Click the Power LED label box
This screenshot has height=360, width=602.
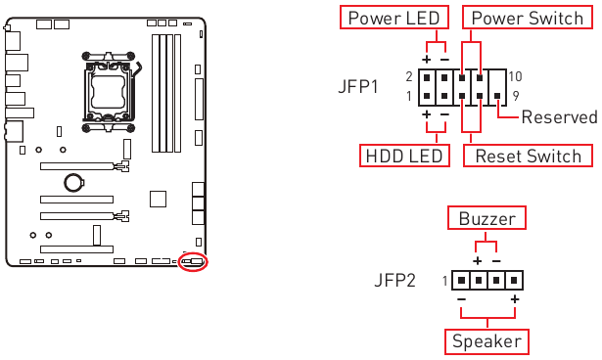(394, 19)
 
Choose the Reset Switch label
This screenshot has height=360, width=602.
(528, 156)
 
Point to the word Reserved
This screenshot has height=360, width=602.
(559, 117)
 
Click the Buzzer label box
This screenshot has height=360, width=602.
(486, 217)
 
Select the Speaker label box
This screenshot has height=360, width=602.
(486, 341)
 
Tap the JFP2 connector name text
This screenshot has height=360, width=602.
(395, 281)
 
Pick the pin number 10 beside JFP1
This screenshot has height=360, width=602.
(517, 76)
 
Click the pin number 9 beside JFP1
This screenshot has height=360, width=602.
(514, 96)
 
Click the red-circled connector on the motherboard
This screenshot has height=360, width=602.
(194, 261)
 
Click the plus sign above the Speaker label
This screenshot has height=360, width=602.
(513, 298)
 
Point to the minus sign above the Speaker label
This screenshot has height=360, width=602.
(460, 298)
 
